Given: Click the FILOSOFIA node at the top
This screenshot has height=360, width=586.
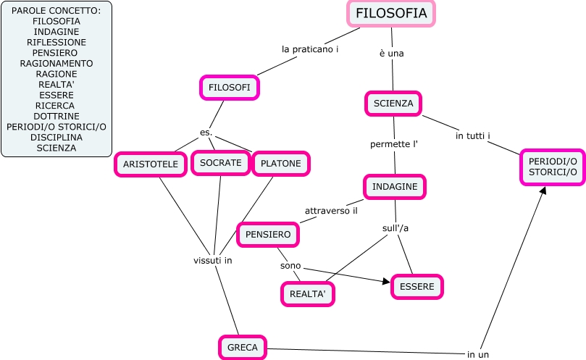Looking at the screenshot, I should point(391,14).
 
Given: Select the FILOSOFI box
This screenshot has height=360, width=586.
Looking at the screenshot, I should point(229,88).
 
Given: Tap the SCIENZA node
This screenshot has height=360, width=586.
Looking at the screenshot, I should point(393,104).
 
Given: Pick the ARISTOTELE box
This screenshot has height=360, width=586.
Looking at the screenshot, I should point(150,164).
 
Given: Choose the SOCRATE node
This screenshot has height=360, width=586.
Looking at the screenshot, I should point(220,163).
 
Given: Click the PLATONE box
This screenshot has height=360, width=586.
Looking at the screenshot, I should point(280,164).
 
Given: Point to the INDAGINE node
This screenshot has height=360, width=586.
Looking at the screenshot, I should point(395,187).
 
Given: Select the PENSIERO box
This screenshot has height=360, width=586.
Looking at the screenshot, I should point(268,235).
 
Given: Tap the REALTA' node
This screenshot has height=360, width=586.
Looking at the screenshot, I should point(308,294).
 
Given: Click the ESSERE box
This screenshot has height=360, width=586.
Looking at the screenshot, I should point(417,287).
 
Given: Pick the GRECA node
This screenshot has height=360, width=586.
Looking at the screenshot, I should point(243,348).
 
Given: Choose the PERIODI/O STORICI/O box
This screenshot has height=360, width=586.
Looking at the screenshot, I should point(553,167).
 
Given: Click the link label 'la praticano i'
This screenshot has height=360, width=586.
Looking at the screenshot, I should point(310,49).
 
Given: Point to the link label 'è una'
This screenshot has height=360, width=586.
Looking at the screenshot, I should point(391,53).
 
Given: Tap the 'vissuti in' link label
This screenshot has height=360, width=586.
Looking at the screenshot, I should point(212,260).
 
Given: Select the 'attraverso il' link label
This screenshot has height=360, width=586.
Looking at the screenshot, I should point(331,211).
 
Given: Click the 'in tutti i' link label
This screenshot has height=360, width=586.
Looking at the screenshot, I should point(473,135).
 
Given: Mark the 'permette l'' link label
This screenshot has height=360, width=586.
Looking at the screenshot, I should point(394,144).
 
